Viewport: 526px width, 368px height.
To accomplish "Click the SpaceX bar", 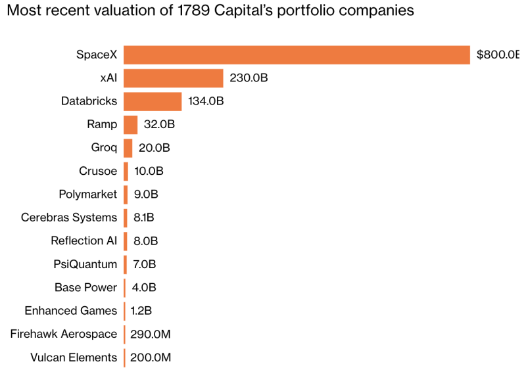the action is click(x=297, y=55).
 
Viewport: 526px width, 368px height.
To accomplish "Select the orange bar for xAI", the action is click(x=174, y=78).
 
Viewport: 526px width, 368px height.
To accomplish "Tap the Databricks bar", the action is click(x=153, y=101).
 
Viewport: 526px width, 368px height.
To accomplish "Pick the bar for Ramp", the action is click(x=130, y=125).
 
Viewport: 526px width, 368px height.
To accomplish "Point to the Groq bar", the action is click(x=128, y=148).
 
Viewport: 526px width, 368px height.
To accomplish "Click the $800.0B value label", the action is click(x=498, y=55).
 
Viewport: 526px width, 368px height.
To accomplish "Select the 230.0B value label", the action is click(x=249, y=78).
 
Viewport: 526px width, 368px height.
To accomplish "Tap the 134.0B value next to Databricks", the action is click(x=206, y=101).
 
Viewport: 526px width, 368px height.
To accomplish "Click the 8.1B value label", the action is click(x=143, y=218).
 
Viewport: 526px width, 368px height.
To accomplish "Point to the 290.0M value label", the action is click(x=151, y=334).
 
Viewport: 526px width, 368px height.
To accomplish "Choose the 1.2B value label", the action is click(x=141, y=311).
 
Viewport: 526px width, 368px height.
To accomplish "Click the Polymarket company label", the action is click(x=88, y=195).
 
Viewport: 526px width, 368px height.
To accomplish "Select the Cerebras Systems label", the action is click(x=69, y=218).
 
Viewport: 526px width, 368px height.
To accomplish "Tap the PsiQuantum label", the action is click(x=85, y=264).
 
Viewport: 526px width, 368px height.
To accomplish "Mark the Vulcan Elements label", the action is click(x=74, y=357).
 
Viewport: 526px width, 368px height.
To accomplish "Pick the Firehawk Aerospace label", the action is click(x=64, y=334).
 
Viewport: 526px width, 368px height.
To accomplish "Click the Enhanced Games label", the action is click(x=71, y=311).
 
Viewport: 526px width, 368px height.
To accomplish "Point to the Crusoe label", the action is click(x=98, y=171).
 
